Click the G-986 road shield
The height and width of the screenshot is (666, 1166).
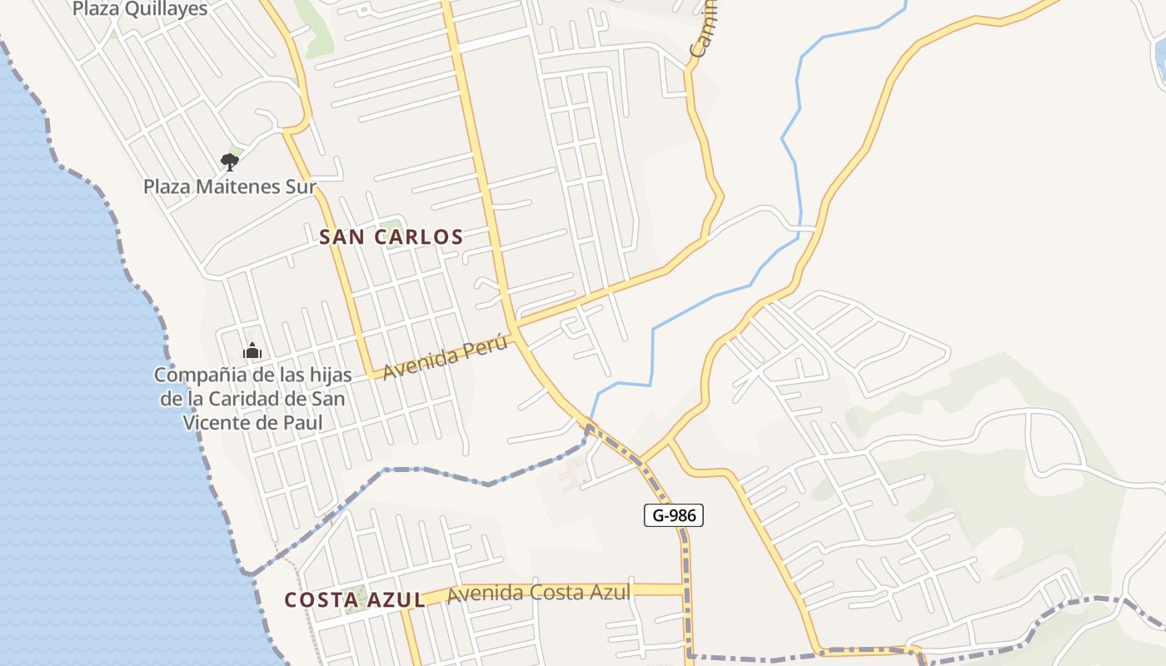coord(674,515)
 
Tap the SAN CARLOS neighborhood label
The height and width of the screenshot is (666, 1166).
coord(391,237)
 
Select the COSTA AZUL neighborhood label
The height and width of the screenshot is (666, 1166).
coord(354,600)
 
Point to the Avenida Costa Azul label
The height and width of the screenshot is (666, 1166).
coord(538,594)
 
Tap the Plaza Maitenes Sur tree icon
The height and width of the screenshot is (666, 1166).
coord(229,161)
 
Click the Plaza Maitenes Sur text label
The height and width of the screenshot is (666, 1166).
coord(229,186)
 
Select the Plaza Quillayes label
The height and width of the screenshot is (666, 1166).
coord(140,9)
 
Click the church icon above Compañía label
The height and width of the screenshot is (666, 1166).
coord(252,351)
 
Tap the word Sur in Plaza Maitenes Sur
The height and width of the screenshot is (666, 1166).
coord(301,186)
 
